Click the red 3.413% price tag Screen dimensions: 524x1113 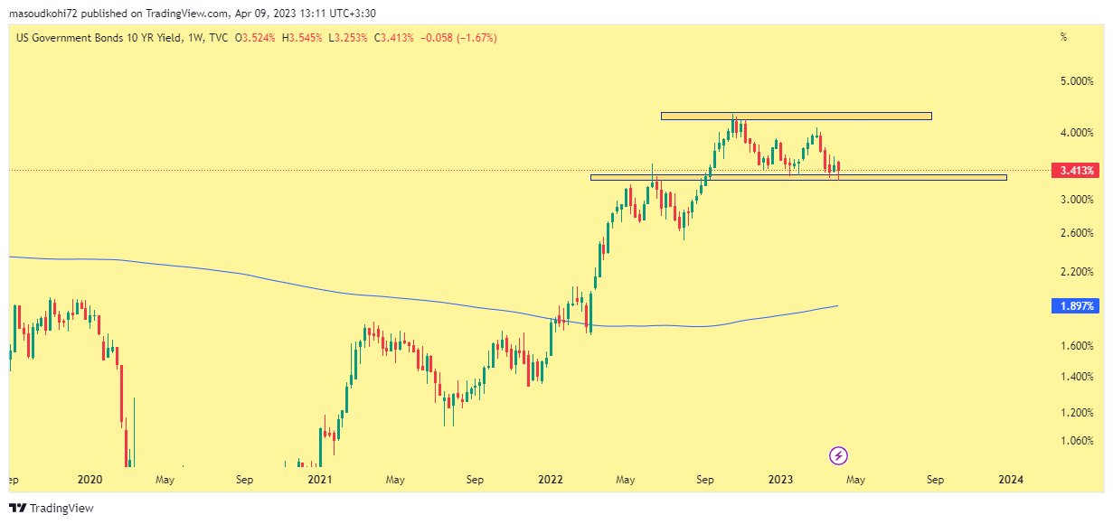tap(1076, 170)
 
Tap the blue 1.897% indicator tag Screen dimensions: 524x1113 tap(1076, 306)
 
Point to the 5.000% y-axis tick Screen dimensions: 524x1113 tap(1076, 81)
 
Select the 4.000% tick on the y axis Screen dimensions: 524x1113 tap(1076, 133)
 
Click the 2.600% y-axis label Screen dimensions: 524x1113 tap(1076, 233)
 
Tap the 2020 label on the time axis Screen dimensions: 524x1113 tap(90, 480)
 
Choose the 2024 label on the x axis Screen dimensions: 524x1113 tap(1011, 480)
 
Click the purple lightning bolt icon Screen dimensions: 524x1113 tap(838, 455)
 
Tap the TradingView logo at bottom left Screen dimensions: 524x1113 tap(52, 509)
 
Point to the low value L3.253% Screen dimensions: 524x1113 tap(348, 38)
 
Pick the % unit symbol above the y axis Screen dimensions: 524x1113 tap(1063, 38)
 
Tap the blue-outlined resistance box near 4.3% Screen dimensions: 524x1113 tap(796, 116)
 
